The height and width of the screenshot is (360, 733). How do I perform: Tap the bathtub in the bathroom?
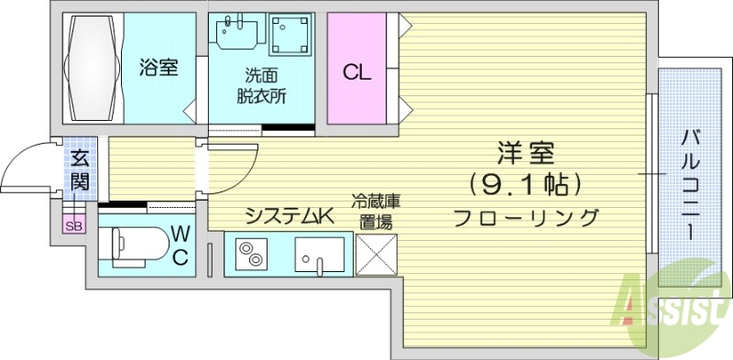92,69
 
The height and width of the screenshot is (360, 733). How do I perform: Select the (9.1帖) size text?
526,185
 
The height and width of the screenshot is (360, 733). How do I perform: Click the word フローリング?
526,218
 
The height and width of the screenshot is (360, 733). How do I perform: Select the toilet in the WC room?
137,247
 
